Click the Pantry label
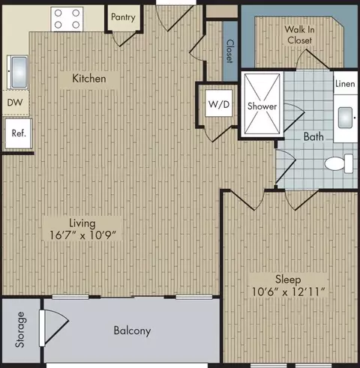coord(123,17)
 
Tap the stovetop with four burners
coord(67,19)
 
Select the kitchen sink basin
coord(19,72)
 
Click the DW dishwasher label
coord(15,103)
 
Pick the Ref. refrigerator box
coord(19,133)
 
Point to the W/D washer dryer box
coord(219,103)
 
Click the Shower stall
coord(262,104)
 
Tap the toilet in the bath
coord(339,163)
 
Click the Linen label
coord(345,84)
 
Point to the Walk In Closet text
coord(299,34)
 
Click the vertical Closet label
coord(230,51)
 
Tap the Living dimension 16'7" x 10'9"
coord(82,235)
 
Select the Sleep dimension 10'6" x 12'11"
coord(288,292)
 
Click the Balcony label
coord(132,331)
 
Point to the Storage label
coord(20,330)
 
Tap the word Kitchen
coord(89,79)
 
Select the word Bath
coord(313,136)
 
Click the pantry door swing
coord(125,39)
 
